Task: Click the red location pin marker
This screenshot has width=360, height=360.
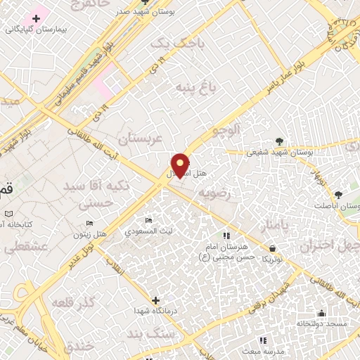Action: click(180, 165)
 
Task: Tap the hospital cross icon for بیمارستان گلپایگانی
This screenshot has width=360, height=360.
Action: click(36, 18)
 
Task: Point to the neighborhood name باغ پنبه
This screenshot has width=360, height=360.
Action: click(191, 89)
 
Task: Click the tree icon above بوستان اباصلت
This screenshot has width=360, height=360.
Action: click(339, 194)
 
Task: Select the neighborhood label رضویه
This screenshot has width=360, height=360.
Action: click(214, 193)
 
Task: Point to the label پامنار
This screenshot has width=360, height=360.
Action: click(275, 226)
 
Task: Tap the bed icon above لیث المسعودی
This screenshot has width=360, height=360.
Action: click(148, 221)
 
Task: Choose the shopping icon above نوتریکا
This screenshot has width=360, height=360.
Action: click(272, 248)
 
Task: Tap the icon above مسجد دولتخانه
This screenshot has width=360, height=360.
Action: click(322, 313)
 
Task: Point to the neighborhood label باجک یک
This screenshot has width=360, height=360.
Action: click(172, 44)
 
